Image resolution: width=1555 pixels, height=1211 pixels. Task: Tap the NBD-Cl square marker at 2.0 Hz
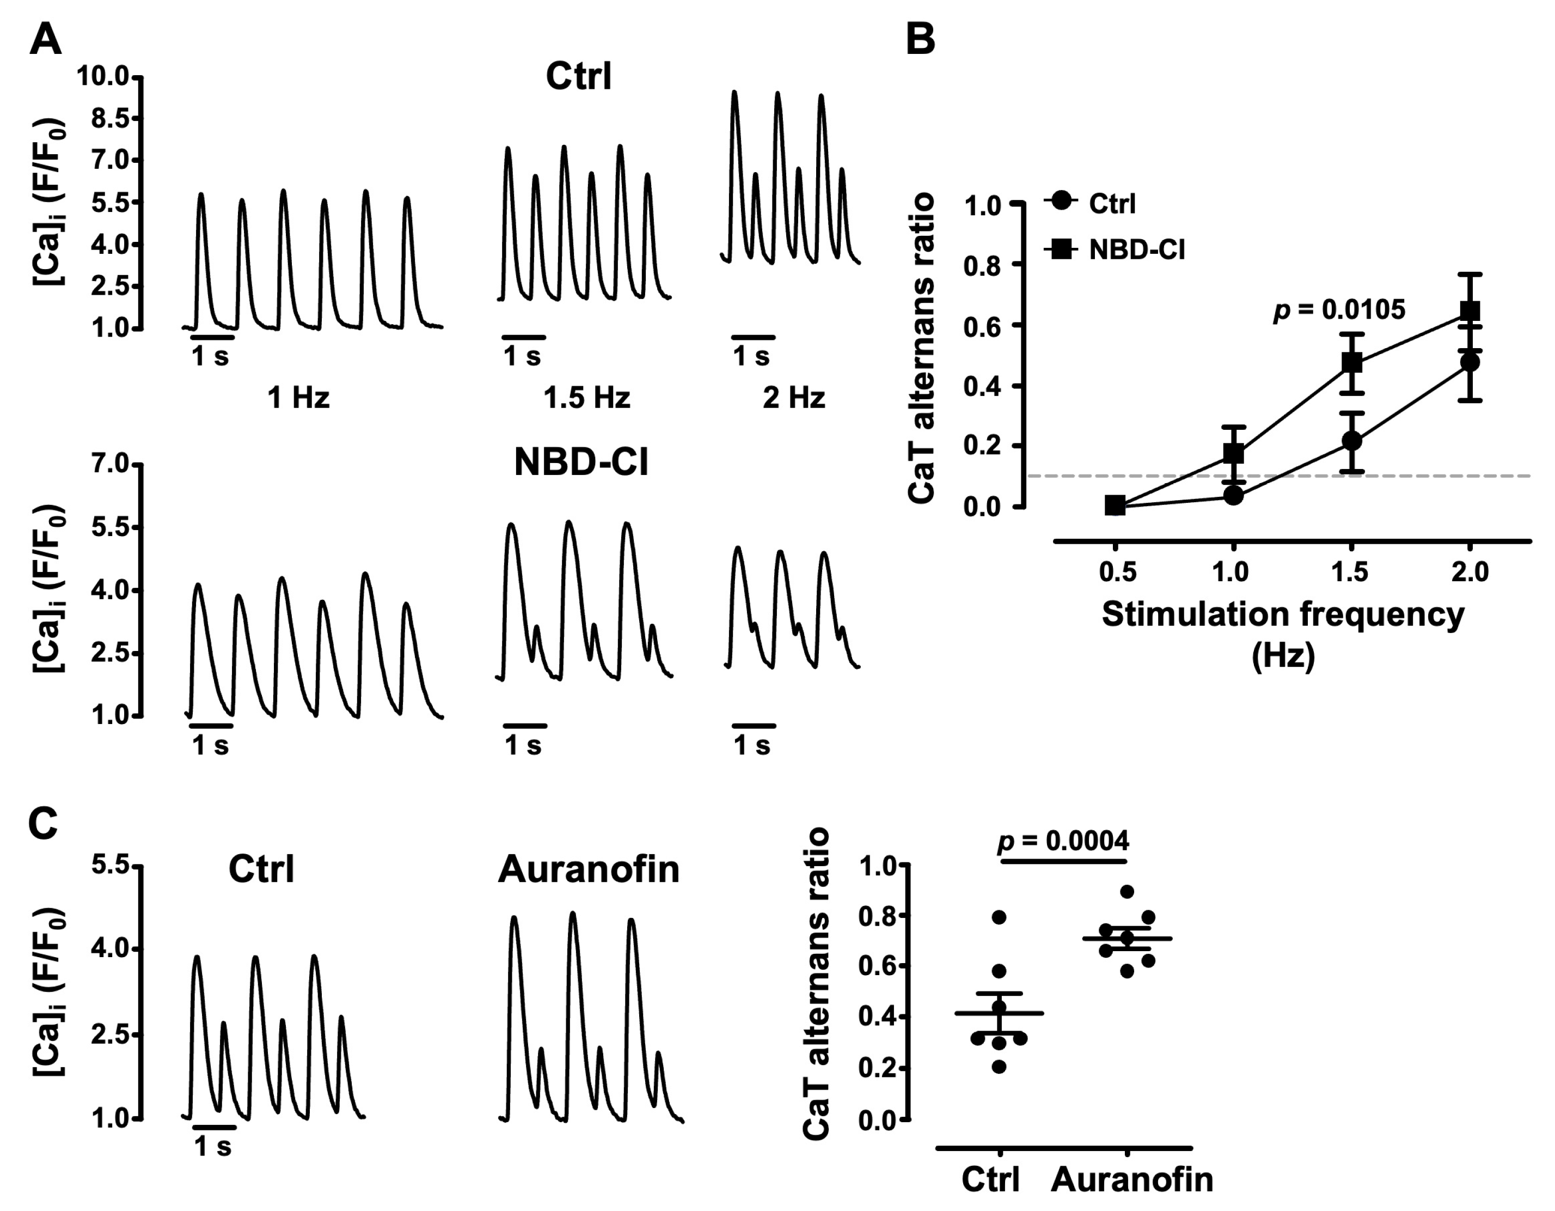pyautogui.click(x=1470, y=311)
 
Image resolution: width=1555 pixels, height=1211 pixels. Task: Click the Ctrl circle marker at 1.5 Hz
pyautogui.click(x=1351, y=441)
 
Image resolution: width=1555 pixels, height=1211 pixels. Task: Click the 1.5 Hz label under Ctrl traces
pyautogui.click(x=587, y=398)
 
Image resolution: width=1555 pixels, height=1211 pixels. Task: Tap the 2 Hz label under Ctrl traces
pyautogui.click(x=793, y=398)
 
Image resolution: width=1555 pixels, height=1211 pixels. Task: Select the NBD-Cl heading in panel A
pyautogui.click(x=581, y=463)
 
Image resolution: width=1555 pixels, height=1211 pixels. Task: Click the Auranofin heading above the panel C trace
pyautogui.click(x=588, y=870)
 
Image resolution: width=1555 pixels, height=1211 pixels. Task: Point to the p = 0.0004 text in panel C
pyautogui.click(x=1063, y=841)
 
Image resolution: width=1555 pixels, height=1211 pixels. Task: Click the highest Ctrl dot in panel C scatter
pyautogui.click(x=999, y=917)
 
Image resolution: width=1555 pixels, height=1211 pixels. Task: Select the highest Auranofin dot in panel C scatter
pyautogui.click(x=1127, y=891)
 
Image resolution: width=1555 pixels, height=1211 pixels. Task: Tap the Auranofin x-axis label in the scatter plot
pyautogui.click(x=1132, y=1179)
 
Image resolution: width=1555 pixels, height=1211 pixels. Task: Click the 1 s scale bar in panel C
pyautogui.click(x=213, y=1127)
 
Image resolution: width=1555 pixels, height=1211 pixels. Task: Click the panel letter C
pyautogui.click(x=42, y=824)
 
